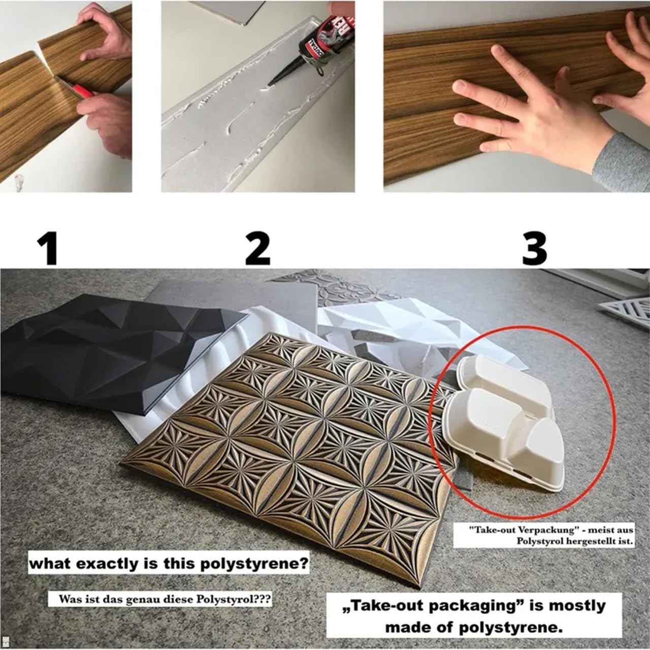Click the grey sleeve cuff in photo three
pyautogui.click(x=621, y=162)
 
